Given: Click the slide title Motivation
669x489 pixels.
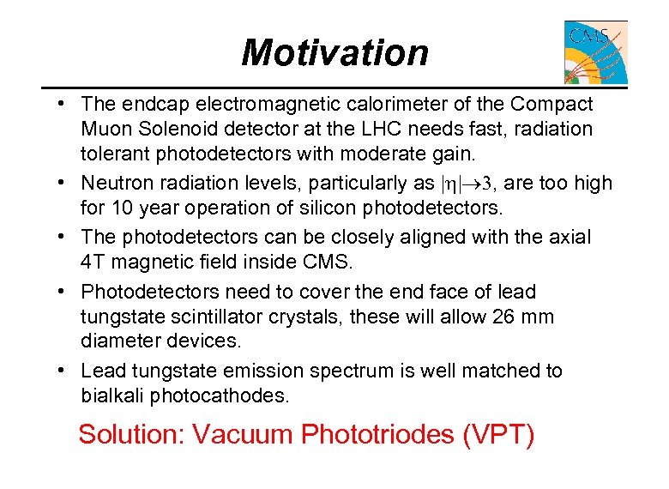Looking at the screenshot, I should tap(334, 52).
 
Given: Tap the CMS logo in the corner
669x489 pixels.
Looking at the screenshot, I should tap(595, 52).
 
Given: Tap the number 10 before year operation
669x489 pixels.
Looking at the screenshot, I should tap(120, 207).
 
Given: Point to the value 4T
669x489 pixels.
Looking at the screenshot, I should tap(94, 262).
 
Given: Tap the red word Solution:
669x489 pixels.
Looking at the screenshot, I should tap(131, 434).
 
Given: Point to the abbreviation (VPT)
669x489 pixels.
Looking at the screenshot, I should tap(498, 434).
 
